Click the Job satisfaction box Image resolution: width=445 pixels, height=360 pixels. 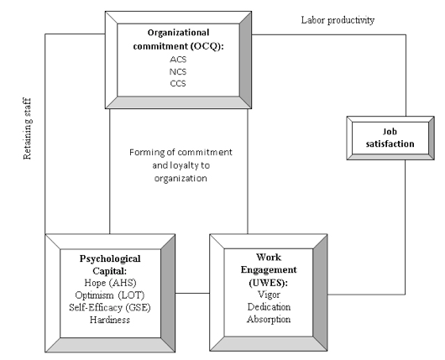tap(390, 138)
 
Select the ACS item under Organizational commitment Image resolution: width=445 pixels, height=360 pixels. tap(178, 60)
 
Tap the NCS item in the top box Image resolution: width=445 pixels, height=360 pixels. tap(178, 72)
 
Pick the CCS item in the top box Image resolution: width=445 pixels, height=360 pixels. tap(178, 84)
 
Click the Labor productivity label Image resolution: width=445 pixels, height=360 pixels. tap(338, 20)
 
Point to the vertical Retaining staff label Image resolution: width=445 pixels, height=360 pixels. tap(27, 128)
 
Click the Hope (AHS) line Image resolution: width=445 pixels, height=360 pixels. tap(110, 283)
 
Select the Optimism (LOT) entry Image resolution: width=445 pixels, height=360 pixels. tap(109, 295)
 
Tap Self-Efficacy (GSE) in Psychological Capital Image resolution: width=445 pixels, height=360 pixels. tap(110, 307)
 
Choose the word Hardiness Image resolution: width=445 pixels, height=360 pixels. tap(110, 320)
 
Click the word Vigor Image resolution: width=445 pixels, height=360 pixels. tap(269, 295)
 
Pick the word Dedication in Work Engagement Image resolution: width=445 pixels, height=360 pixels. tap(269, 307)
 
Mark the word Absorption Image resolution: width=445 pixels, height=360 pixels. tap(269, 320)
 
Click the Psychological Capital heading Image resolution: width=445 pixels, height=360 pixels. tap(110, 264)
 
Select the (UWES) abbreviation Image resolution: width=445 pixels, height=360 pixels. tap(268, 283)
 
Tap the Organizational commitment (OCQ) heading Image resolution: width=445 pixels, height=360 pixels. tap(179, 39)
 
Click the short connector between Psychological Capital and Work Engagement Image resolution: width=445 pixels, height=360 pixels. tap(192, 293)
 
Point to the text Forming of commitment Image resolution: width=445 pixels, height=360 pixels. tap(181, 153)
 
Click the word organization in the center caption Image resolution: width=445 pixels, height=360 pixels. tap(181, 179)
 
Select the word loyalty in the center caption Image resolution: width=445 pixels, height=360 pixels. tap(185, 165)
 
